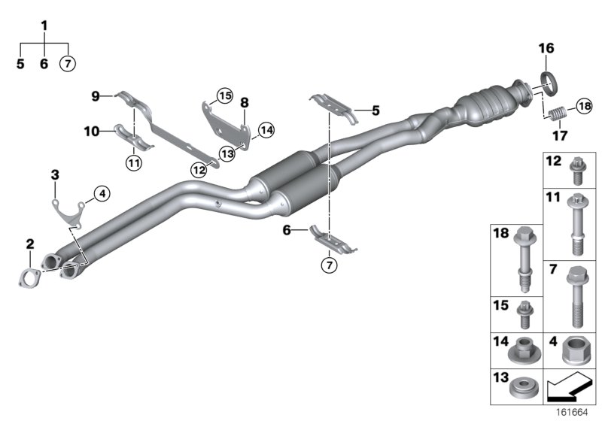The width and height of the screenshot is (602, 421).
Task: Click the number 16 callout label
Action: [x=546, y=48]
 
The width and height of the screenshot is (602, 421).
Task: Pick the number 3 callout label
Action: [x=55, y=175]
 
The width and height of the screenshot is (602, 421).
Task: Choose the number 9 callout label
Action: [x=96, y=95]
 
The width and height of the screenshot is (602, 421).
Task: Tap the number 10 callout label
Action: [x=91, y=131]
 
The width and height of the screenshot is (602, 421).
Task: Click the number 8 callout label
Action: [x=245, y=102]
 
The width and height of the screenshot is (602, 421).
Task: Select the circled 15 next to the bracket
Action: [x=223, y=95]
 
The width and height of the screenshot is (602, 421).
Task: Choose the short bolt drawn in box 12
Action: [x=577, y=171]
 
